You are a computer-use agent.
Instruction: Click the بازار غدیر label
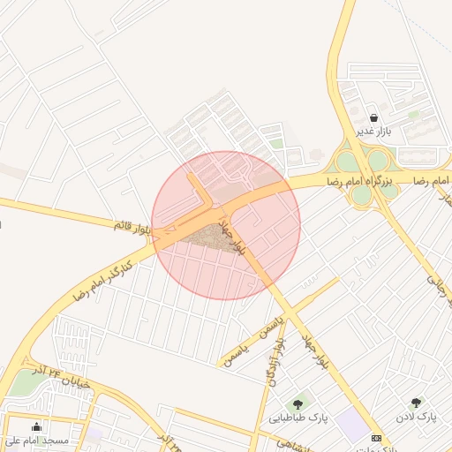point(373,132)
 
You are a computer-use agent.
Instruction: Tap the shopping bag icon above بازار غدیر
point(374,117)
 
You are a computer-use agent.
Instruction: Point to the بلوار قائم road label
point(132,227)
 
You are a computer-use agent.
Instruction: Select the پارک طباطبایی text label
point(298,418)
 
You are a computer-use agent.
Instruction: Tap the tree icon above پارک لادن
point(416,403)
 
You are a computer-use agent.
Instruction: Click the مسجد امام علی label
point(37,440)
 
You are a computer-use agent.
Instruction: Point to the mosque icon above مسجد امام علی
point(36,427)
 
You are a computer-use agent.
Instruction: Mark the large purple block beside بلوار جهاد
point(354,426)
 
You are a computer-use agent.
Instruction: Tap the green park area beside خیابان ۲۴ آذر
point(21,384)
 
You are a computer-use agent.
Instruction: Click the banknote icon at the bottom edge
point(377,439)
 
